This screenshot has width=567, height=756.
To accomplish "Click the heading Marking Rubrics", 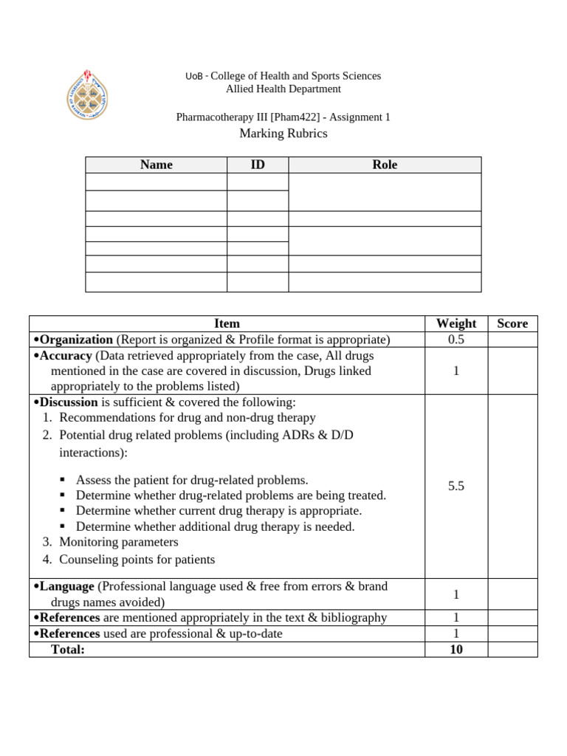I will tap(283, 134).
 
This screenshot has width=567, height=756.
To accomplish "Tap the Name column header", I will tap(156, 165).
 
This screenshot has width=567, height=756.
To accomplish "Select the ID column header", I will tap(257, 165).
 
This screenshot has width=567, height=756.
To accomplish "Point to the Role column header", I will tap(385, 165).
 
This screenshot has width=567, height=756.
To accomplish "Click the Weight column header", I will tap(456, 323).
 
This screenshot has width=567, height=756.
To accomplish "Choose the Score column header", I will tap(512, 323).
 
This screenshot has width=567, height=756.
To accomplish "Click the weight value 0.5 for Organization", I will tap(456, 340).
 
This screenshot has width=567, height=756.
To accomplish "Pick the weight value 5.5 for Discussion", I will tap(456, 486).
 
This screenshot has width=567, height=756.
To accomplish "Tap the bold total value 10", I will tap(456, 650).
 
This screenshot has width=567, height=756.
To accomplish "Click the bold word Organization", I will tap(76, 340).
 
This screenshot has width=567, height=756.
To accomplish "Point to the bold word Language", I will tap(66, 586).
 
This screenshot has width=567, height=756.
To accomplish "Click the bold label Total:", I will tap(68, 650).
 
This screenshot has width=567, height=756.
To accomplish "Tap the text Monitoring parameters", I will tap(118, 542).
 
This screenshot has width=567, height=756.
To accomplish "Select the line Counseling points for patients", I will tap(137, 560).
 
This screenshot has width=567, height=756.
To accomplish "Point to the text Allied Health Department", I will tap(283, 89).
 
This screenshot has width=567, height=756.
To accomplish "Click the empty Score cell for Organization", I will tap(512, 340).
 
